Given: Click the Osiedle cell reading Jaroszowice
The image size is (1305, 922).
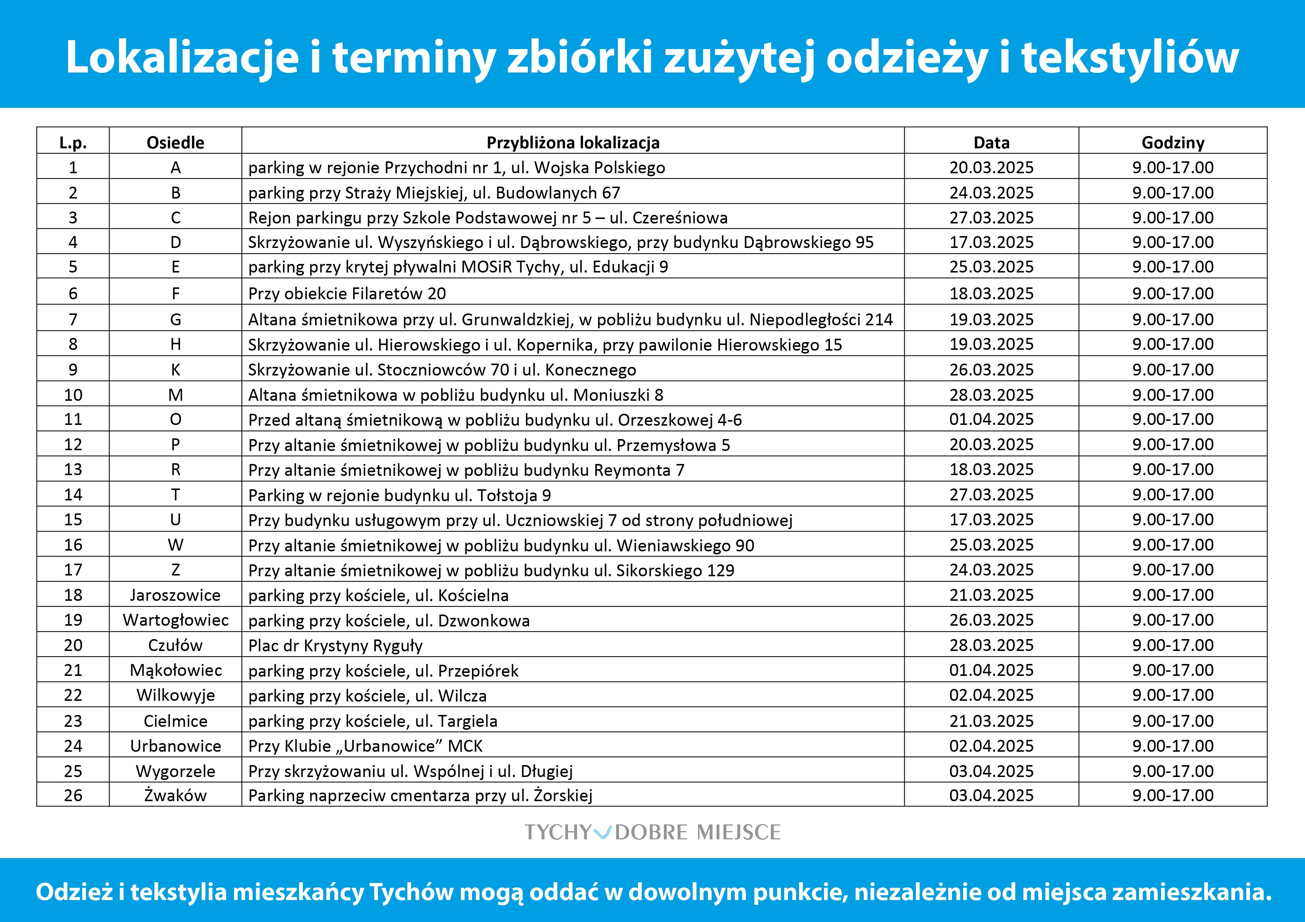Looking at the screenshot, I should click(x=175, y=595).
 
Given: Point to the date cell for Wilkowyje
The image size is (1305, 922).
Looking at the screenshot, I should click(x=991, y=695).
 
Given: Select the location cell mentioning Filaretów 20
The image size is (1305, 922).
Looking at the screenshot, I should click(x=347, y=293).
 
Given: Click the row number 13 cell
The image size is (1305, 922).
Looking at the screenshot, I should click(x=73, y=469).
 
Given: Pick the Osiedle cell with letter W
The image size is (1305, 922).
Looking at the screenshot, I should click(x=175, y=545).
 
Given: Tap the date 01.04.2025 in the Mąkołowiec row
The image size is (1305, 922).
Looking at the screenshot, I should click(x=991, y=670).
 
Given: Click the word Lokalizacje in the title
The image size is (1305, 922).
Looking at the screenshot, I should click(x=182, y=57).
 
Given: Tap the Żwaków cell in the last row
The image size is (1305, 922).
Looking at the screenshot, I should click(x=175, y=795).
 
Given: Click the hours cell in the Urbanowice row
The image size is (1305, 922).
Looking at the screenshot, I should click(x=1173, y=745).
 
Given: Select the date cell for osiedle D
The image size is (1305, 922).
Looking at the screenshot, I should click(x=991, y=242).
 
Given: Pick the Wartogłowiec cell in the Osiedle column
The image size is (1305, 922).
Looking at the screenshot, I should click(x=175, y=620).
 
